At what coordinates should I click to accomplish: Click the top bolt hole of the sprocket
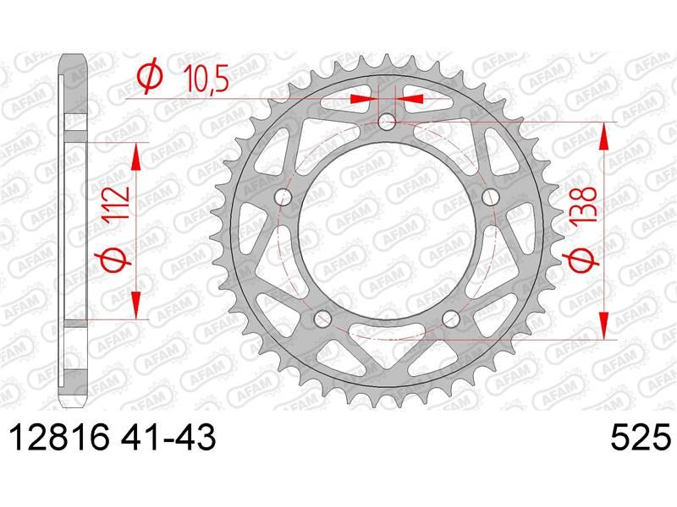(387, 122)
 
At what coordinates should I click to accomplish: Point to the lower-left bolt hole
(322, 319)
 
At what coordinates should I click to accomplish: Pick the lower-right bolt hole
(451, 319)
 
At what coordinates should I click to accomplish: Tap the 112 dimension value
(117, 203)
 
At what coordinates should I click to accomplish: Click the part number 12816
(59, 437)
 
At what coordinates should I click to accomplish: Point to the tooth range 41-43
(168, 437)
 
